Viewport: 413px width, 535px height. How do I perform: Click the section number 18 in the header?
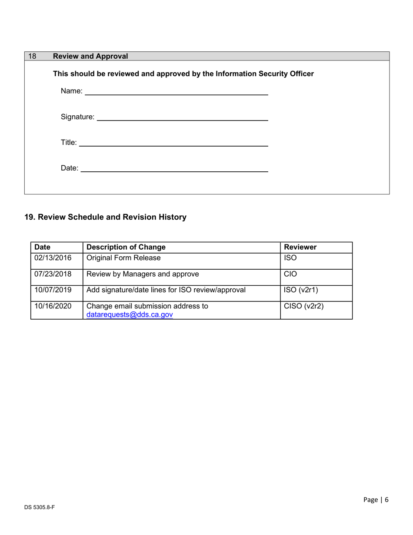tap(32, 56)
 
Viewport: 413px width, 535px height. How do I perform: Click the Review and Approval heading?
tap(90, 56)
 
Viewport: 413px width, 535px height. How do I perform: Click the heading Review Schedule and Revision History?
tap(105, 217)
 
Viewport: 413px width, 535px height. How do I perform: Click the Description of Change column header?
tap(126, 247)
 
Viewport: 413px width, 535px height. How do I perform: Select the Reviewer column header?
tap(300, 247)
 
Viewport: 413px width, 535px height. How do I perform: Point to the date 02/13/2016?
tap(53, 258)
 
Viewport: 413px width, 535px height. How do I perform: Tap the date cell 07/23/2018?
tap(53, 274)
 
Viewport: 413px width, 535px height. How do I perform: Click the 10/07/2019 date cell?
tap(53, 290)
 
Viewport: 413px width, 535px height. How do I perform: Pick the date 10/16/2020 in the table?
tap(53, 306)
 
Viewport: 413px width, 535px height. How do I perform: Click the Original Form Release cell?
tap(123, 258)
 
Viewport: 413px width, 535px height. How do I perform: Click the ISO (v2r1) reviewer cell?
tap(300, 290)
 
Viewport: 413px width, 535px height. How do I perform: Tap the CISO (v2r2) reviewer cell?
tap(303, 306)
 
